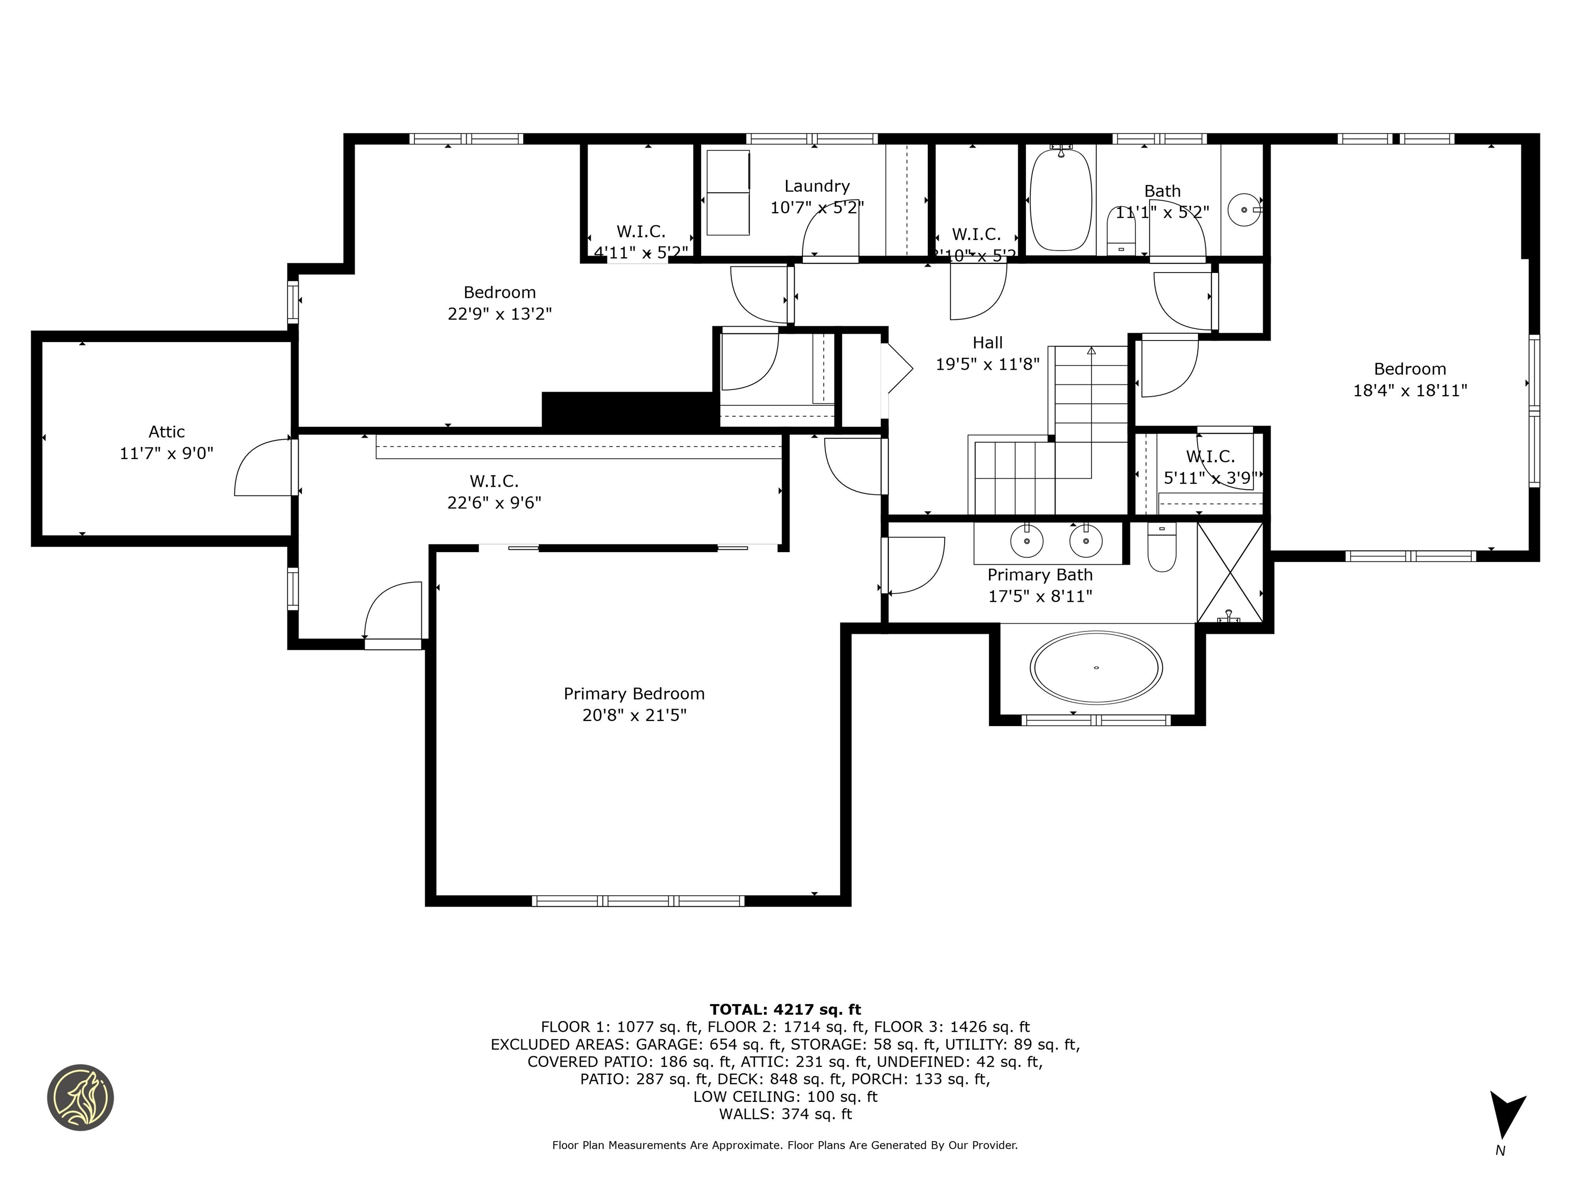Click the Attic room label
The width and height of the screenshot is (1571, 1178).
pos(166,432)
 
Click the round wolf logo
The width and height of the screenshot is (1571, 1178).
pos(80,1097)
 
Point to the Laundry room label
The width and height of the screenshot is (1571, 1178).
pos(817,186)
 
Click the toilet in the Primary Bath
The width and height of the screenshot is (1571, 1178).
pos(1161,548)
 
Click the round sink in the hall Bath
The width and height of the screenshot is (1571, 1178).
pos(1244,210)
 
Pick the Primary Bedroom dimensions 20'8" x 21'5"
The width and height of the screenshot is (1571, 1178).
pos(634,715)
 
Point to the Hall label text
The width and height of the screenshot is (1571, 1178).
pos(987,343)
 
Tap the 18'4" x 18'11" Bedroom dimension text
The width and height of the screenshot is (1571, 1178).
pos(1410,391)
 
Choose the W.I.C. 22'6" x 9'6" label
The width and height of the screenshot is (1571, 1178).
pos(495,492)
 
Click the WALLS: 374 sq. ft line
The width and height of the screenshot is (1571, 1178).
pos(785,1114)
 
